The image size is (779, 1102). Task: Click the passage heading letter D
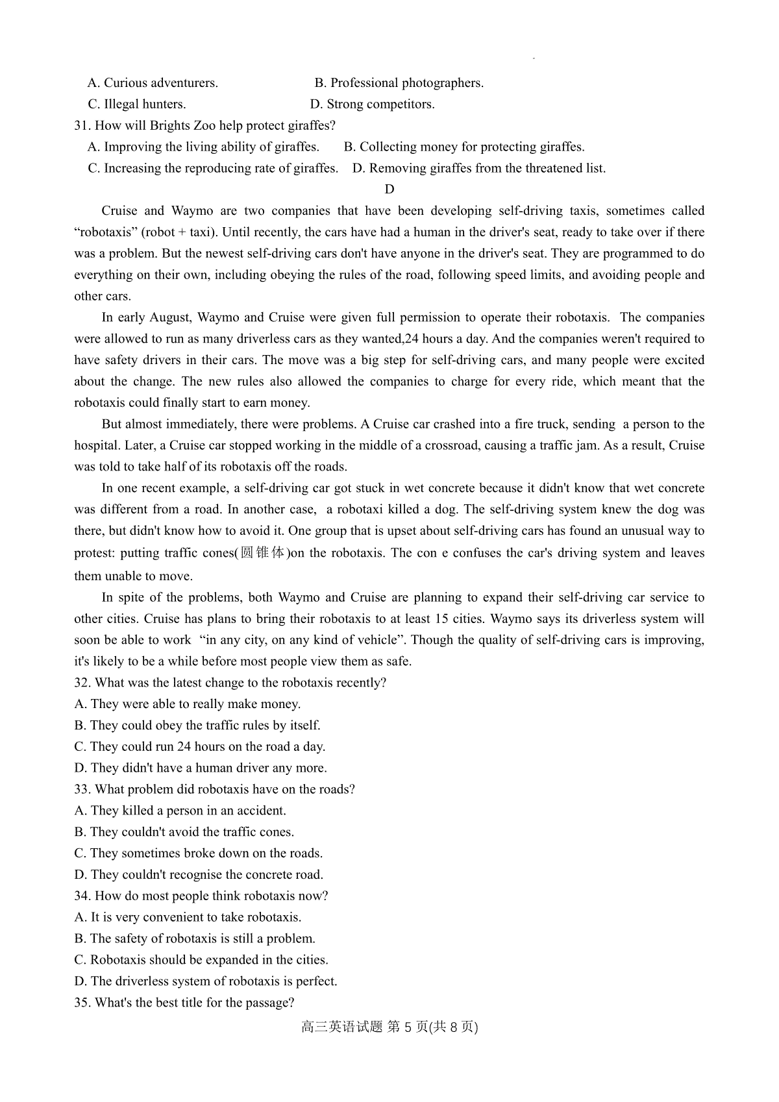point(389,190)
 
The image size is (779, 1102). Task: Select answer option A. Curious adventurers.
point(153,83)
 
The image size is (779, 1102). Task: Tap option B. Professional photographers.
point(399,83)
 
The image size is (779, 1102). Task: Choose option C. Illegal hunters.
point(137,104)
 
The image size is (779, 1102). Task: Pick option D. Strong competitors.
point(372,104)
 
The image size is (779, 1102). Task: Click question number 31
point(82,126)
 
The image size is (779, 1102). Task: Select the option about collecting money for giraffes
point(464,147)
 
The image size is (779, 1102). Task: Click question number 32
point(82,683)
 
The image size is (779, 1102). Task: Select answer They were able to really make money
point(188,704)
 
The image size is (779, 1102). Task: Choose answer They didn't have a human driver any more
point(201,768)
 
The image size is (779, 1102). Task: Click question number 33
point(82,790)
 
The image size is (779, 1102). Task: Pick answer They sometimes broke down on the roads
point(199,853)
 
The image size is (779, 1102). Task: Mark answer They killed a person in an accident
point(180,811)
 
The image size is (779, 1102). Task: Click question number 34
point(82,896)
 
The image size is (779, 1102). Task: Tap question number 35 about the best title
point(82,1003)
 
